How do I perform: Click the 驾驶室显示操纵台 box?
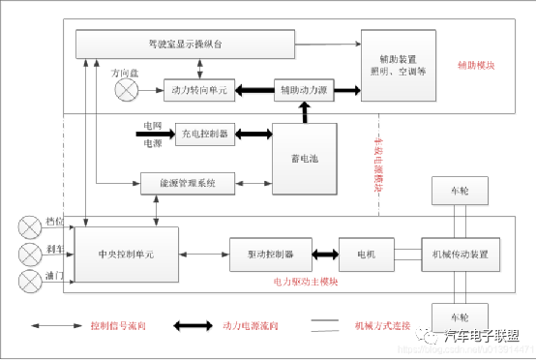coord(184,44)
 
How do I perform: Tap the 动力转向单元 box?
coord(198,91)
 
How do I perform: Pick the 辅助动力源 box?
coord(304,91)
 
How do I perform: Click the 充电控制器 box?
coord(204,134)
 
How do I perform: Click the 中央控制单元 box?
coord(126,255)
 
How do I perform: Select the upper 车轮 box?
coord(461,192)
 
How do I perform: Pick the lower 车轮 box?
coord(461,317)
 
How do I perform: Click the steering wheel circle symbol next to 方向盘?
coord(127,91)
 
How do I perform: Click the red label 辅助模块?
coord(476,66)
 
